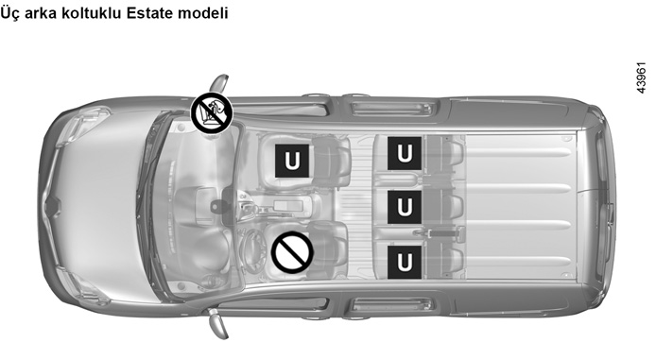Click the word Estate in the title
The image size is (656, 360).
149,12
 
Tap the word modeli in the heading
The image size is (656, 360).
203,12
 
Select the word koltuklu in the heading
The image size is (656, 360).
91,12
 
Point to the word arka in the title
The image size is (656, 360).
41,12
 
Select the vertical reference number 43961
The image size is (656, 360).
641,78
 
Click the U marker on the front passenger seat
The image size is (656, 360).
292,161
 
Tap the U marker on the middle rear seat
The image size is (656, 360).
405,207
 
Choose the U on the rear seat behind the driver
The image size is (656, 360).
405,262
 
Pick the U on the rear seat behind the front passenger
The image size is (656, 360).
405,153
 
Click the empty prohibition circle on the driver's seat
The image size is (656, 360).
292,253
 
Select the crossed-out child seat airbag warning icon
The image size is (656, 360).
212,113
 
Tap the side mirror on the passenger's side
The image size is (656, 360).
220,84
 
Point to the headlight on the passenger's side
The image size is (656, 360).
85,126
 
